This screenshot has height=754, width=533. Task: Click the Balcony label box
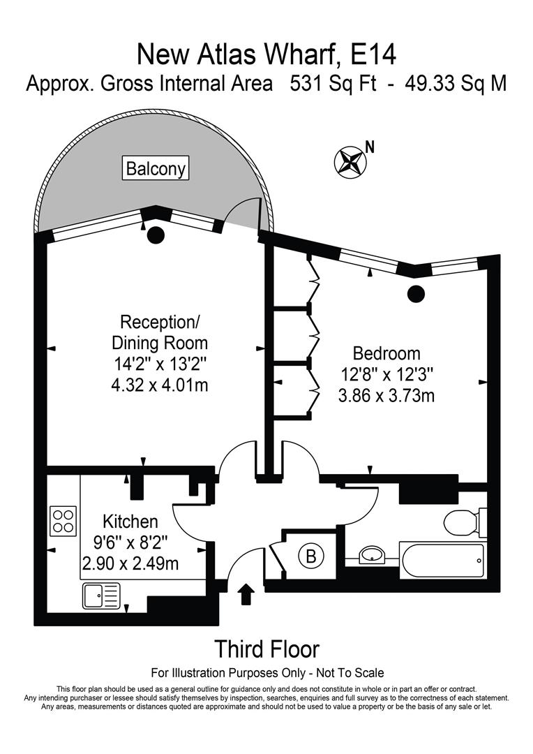point(156,168)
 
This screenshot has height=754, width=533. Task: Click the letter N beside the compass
point(370,147)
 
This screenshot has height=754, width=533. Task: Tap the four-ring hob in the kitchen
point(63,521)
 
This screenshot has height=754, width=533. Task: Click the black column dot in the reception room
point(154,235)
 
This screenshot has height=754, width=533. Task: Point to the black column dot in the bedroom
point(416,293)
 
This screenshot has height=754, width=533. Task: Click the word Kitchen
point(130,521)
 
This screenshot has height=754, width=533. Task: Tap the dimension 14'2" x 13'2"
point(160,363)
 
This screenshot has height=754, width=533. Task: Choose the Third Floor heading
point(266,649)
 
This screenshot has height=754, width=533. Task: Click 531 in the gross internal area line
point(311,84)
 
